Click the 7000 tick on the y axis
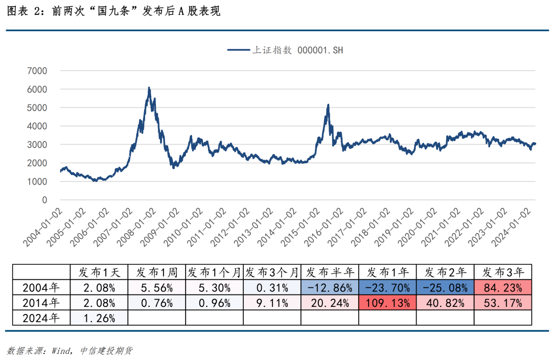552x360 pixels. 37,71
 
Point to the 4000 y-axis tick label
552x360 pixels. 37,126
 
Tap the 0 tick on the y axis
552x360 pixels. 44,200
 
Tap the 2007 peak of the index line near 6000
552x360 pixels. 149,88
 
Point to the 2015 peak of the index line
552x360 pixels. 328,105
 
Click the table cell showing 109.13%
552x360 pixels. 387,303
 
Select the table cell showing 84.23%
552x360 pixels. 503,287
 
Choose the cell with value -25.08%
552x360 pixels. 445,287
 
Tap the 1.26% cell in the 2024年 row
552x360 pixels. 99,318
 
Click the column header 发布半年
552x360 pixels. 330,272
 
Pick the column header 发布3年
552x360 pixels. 503,272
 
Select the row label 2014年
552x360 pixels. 41,303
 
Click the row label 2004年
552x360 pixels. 41,287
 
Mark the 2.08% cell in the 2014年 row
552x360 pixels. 99,303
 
